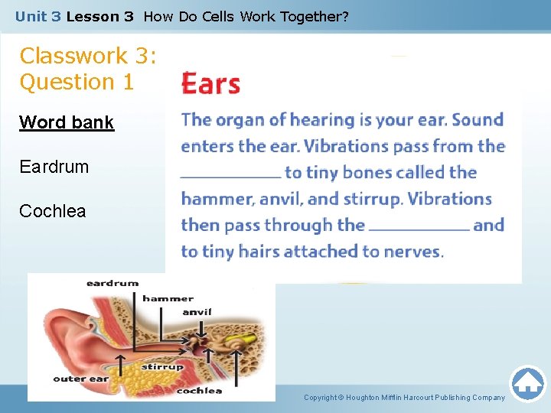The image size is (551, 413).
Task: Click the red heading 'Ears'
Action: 211,84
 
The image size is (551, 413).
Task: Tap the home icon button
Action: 527,384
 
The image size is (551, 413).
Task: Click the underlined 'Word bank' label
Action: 67,122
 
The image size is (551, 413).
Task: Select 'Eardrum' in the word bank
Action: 54,166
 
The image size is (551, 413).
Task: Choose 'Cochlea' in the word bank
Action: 53,210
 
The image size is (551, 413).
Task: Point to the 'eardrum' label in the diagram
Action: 112,283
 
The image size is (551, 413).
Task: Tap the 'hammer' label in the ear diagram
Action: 168,298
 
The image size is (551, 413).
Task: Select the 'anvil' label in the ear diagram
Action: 197,312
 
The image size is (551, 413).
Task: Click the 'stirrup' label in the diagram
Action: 162,367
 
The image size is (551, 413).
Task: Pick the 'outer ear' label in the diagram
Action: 80,379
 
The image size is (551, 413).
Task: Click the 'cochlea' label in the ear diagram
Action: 199,391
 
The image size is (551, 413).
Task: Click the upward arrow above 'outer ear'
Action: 120,361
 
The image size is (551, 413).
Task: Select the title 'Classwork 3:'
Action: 88,56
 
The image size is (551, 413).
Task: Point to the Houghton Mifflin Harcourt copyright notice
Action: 404,398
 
